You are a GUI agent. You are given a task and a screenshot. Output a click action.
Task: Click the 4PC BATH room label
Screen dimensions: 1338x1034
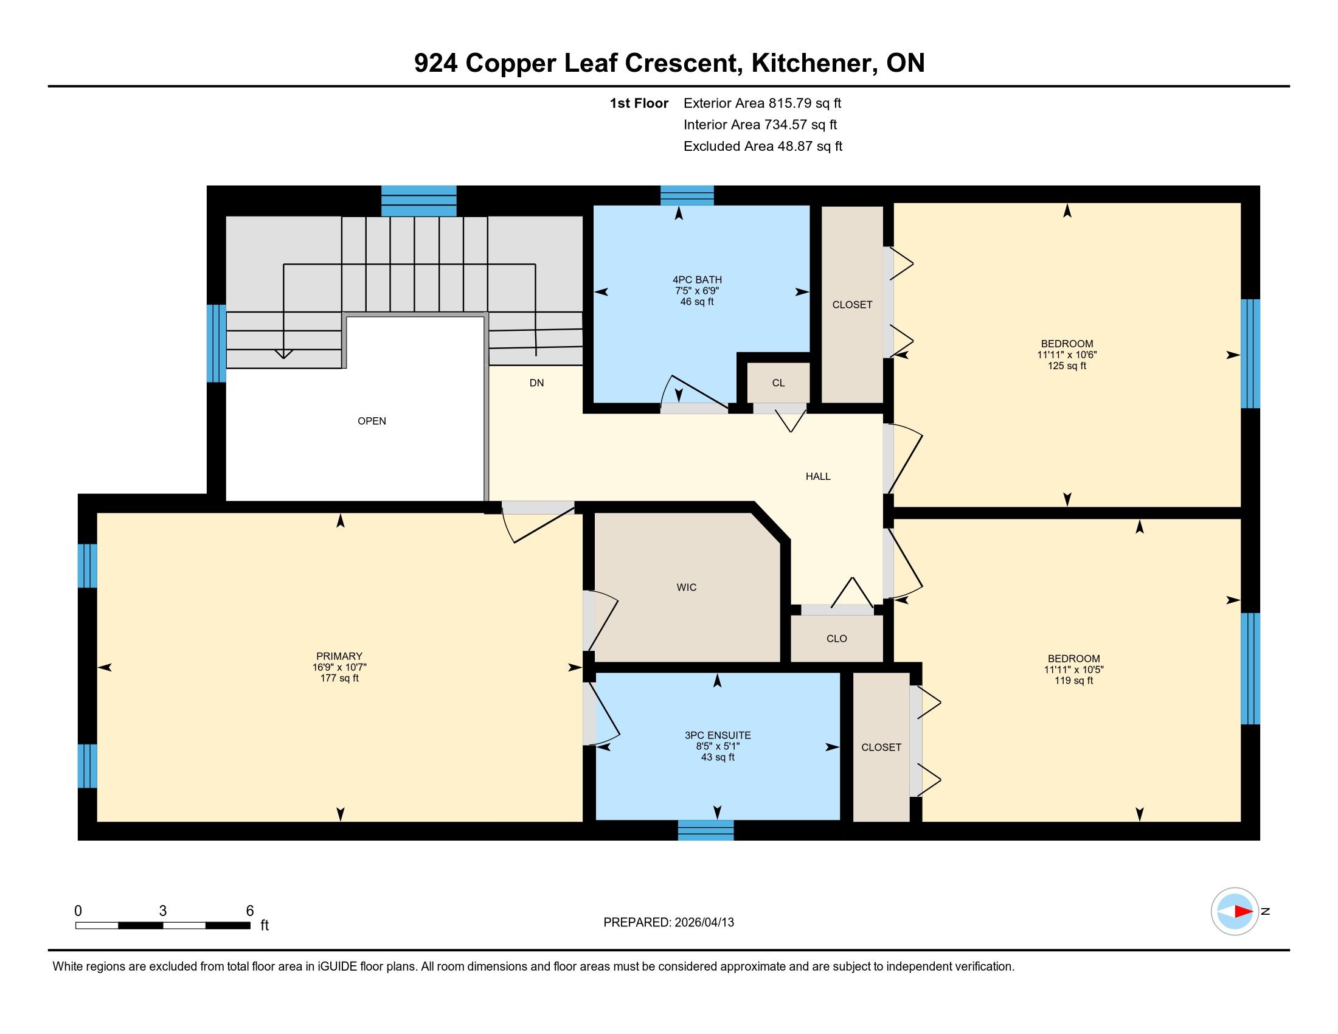coord(697,280)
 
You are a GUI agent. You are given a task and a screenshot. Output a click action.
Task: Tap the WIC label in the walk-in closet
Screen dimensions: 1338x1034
coord(686,588)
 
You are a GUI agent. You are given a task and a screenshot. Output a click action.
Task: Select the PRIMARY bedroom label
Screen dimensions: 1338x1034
coord(339,656)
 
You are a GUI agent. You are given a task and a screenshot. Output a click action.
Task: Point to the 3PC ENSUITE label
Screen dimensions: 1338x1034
coord(718,735)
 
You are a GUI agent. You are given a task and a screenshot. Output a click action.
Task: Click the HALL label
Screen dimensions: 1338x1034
coord(818,477)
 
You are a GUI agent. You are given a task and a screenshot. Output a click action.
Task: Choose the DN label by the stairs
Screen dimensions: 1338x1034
coord(536,383)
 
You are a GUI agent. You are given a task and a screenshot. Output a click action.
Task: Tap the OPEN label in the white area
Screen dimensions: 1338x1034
coord(372,421)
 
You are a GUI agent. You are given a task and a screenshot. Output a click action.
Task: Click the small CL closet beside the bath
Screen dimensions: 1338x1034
coord(778,383)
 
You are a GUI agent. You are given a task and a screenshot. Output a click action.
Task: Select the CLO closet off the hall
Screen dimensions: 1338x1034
coord(836,638)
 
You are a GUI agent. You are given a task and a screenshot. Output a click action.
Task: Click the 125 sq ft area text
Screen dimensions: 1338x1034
coord(1067,366)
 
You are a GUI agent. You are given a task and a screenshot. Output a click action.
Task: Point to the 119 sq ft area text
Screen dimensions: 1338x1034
coord(1073,680)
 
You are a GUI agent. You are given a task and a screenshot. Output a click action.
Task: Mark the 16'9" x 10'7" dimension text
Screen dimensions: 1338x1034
coord(339,667)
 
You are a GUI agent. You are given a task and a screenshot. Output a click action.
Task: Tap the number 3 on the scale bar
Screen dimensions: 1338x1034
coord(162,911)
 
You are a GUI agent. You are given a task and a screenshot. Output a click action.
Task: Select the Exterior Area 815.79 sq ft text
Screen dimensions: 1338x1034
coord(763,103)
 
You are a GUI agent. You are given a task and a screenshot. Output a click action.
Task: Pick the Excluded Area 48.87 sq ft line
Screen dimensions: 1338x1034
coord(763,147)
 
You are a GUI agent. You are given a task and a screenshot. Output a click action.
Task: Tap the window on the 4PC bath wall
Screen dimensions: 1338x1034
coord(687,195)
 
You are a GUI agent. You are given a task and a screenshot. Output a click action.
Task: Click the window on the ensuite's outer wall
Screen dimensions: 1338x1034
coord(705,830)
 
